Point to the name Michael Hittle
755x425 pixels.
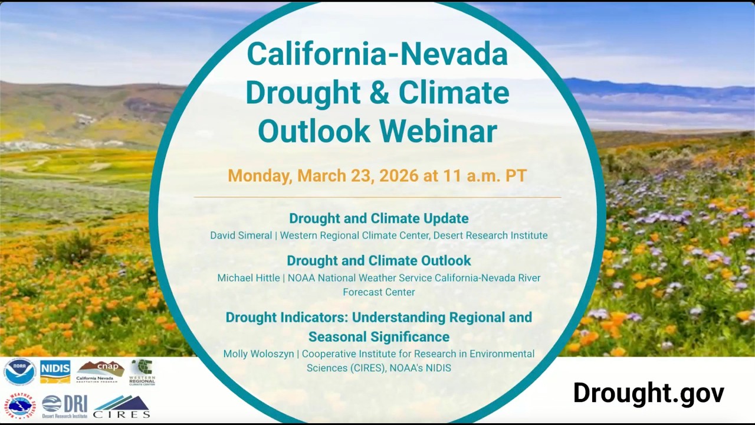pyautogui.click(x=248, y=278)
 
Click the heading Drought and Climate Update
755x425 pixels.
pyautogui.click(x=379, y=218)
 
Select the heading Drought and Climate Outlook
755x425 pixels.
pyautogui.click(x=379, y=261)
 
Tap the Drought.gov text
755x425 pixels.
pyautogui.click(x=648, y=393)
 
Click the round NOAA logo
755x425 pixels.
pyautogui.click(x=19, y=372)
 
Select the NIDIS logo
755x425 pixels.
pyautogui.click(x=55, y=372)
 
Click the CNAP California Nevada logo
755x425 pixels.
pyautogui.click(x=100, y=372)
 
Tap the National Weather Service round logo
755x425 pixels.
pyautogui.click(x=19, y=406)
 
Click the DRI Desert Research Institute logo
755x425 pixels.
pyautogui.click(x=65, y=406)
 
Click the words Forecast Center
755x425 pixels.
pyautogui.click(x=379, y=292)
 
